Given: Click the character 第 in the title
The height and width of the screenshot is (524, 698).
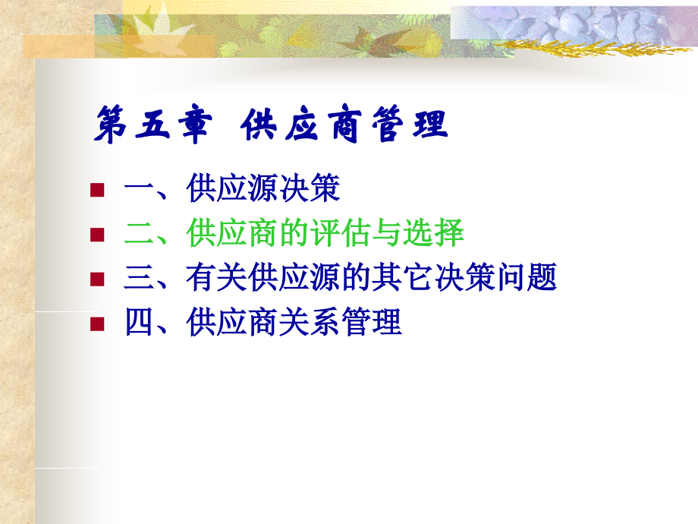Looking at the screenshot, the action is [x=111, y=125].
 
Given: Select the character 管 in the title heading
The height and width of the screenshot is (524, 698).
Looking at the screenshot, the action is [x=388, y=125].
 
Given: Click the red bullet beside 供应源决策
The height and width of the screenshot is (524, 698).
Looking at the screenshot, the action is [x=97, y=190].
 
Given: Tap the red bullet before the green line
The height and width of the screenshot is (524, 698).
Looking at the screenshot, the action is [x=97, y=235].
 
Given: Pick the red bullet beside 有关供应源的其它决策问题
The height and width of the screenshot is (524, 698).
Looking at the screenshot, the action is [x=97, y=279].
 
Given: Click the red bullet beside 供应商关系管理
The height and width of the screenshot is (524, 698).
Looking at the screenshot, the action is [x=97, y=324].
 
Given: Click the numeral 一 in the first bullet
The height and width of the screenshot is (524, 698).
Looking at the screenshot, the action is [x=140, y=188].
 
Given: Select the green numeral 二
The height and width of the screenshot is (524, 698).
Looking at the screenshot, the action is [x=140, y=233].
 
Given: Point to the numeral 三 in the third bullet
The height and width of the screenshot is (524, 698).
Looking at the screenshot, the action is [x=140, y=277].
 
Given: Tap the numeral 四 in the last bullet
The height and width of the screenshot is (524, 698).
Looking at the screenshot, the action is [x=140, y=322].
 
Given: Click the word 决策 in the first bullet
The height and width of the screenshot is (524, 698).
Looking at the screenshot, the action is [x=310, y=188].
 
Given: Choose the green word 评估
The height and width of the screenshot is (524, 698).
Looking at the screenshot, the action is [x=341, y=232].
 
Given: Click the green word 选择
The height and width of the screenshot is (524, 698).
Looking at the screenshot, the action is [x=433, y=232].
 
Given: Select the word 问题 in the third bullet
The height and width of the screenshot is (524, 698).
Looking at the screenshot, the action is [x=527, y=277].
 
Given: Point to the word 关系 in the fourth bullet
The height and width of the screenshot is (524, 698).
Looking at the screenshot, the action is [x=310, y=322].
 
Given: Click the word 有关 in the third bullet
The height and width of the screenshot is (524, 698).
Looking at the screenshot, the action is [x=217, y=277].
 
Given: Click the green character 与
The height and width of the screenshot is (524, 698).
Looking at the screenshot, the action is [x=387, y=232].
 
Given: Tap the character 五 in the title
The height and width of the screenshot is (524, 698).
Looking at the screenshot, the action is [x=152, y=125].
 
